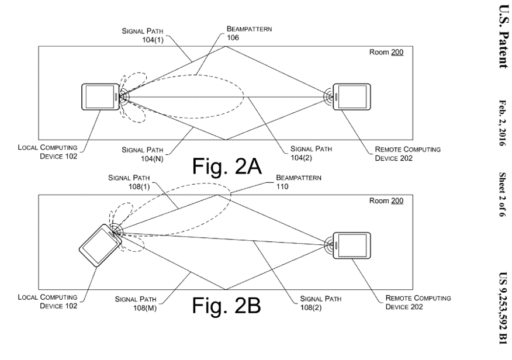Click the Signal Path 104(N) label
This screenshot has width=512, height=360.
(x=140, y=154)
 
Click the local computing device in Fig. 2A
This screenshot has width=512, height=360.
(x=99, y=96)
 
